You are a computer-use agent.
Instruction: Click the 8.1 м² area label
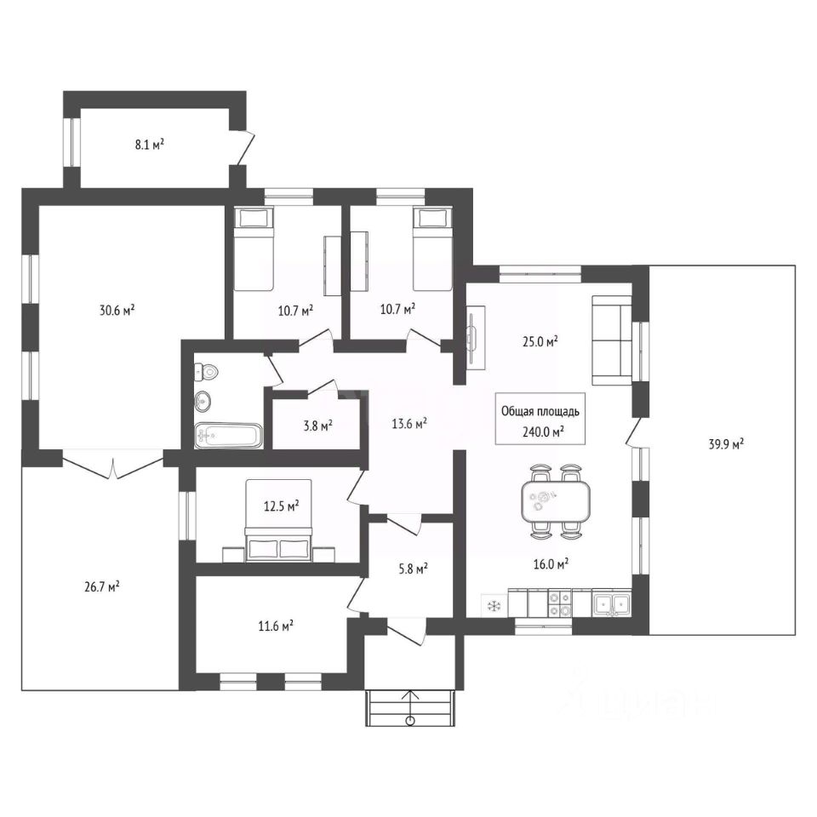tap(150, 144)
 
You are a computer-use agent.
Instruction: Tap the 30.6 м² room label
tap(117, 310)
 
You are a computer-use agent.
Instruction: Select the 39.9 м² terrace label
tap(726, 444)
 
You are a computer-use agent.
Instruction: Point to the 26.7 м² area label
tap(102, 587)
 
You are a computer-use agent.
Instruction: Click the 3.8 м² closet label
tap(317, 426)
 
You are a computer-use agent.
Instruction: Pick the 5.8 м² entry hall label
tap(414, 568)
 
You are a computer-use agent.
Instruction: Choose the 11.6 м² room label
tap(276, 625)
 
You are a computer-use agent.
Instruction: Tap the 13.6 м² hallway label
tap(409, 424)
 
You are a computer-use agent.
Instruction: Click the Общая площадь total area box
tap(540, 419)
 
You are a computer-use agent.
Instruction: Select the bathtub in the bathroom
tap(228, 436)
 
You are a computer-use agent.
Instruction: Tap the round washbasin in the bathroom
tap(203, 401)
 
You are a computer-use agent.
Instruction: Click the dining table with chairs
tap(556, 500)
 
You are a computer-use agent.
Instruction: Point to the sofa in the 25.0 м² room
tap(612, 340)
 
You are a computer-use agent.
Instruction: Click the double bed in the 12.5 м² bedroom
tap(279, 521)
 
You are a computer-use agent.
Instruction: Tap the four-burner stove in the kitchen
tap(560, 603)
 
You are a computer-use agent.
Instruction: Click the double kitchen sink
tap(612, 604)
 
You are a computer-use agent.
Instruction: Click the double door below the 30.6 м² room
tap(113, 464)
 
